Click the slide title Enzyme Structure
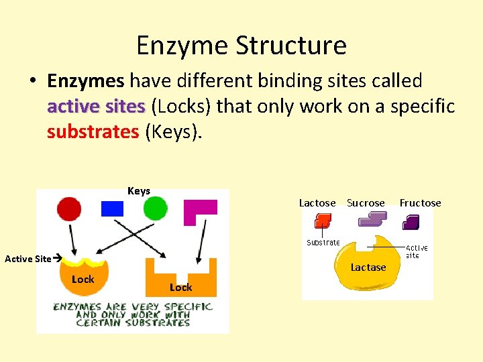pyautogui.click(x=241, y=46)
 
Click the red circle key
pyautogui.click(x=69, y=208)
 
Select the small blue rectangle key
pyautogui.click(x=113, y=208)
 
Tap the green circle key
pyautogui.click(x=155, y=208)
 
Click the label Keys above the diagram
pyautogui.click(x=139, y=191)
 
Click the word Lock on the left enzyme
pyautogui.click(x=83, y=280)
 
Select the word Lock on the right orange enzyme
pyautogui.click(x=180, y=288)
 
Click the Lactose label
pyautogui.click(x=317, y=203)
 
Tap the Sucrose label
pyautogui.click(x=366, y=203)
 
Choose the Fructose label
pyautogui.click(x=421, y=203)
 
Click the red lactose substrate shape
pyautogui.click(x=323, y=221)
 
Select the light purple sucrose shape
pyautogui.click(x=372, y=219)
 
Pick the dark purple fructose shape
pyautogui.click(x=411, y=222)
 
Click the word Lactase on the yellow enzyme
pyautogui.click(x=368, y=267)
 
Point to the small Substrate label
pyautogui.click(x=323, y=243)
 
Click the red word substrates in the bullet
pyautogui.click(x=93, y=131)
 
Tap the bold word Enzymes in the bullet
pyautogui.click(x=86, y=81)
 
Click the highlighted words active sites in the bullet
pyautogui.click(x=96, y=106)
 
